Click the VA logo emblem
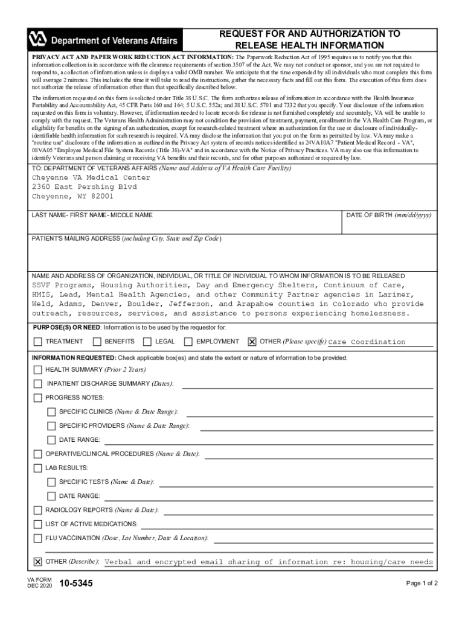[x=38, y=40]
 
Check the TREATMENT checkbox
[x=38, y=342]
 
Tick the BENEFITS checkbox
[x=97, y=342]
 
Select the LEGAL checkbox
[x=147, y=342]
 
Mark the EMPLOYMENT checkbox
[x=188, y=342]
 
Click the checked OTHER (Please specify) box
[x=252, y=342]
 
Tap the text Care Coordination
[x=367, y=342]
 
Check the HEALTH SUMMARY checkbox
[x=38, y=370]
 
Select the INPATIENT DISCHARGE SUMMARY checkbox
[x=38, y=384]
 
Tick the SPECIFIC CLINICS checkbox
[x=52, y=412]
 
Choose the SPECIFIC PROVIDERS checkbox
[x=52, y=426]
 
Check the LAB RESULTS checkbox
[x=38, y=468]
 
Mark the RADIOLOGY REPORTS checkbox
[x=38, y=511]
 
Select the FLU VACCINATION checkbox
[x=38, y=538]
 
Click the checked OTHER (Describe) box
[x=38, y=562]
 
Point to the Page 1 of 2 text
[x=422, y=584]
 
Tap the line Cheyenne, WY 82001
[x=72, y=197]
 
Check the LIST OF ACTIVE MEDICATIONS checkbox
[x=38, y=524]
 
